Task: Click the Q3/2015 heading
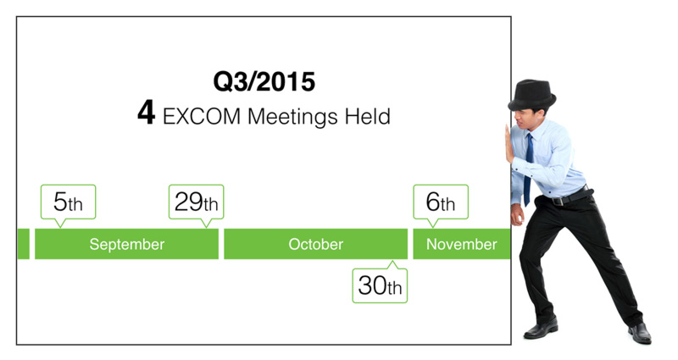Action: pos(264,81)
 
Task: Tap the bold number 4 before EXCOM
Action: pos(146,113)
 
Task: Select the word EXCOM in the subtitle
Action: pos(202,116)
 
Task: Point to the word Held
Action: pos(368,116)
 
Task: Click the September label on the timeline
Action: pos(126,245)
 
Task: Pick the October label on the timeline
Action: pos(315,244)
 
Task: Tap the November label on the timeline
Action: pos(461,244)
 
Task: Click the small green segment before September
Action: pos(24,244)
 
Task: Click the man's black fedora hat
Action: pos(532,95)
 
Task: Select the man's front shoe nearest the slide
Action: pos(541,328)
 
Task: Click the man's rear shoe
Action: pos(640,333)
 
